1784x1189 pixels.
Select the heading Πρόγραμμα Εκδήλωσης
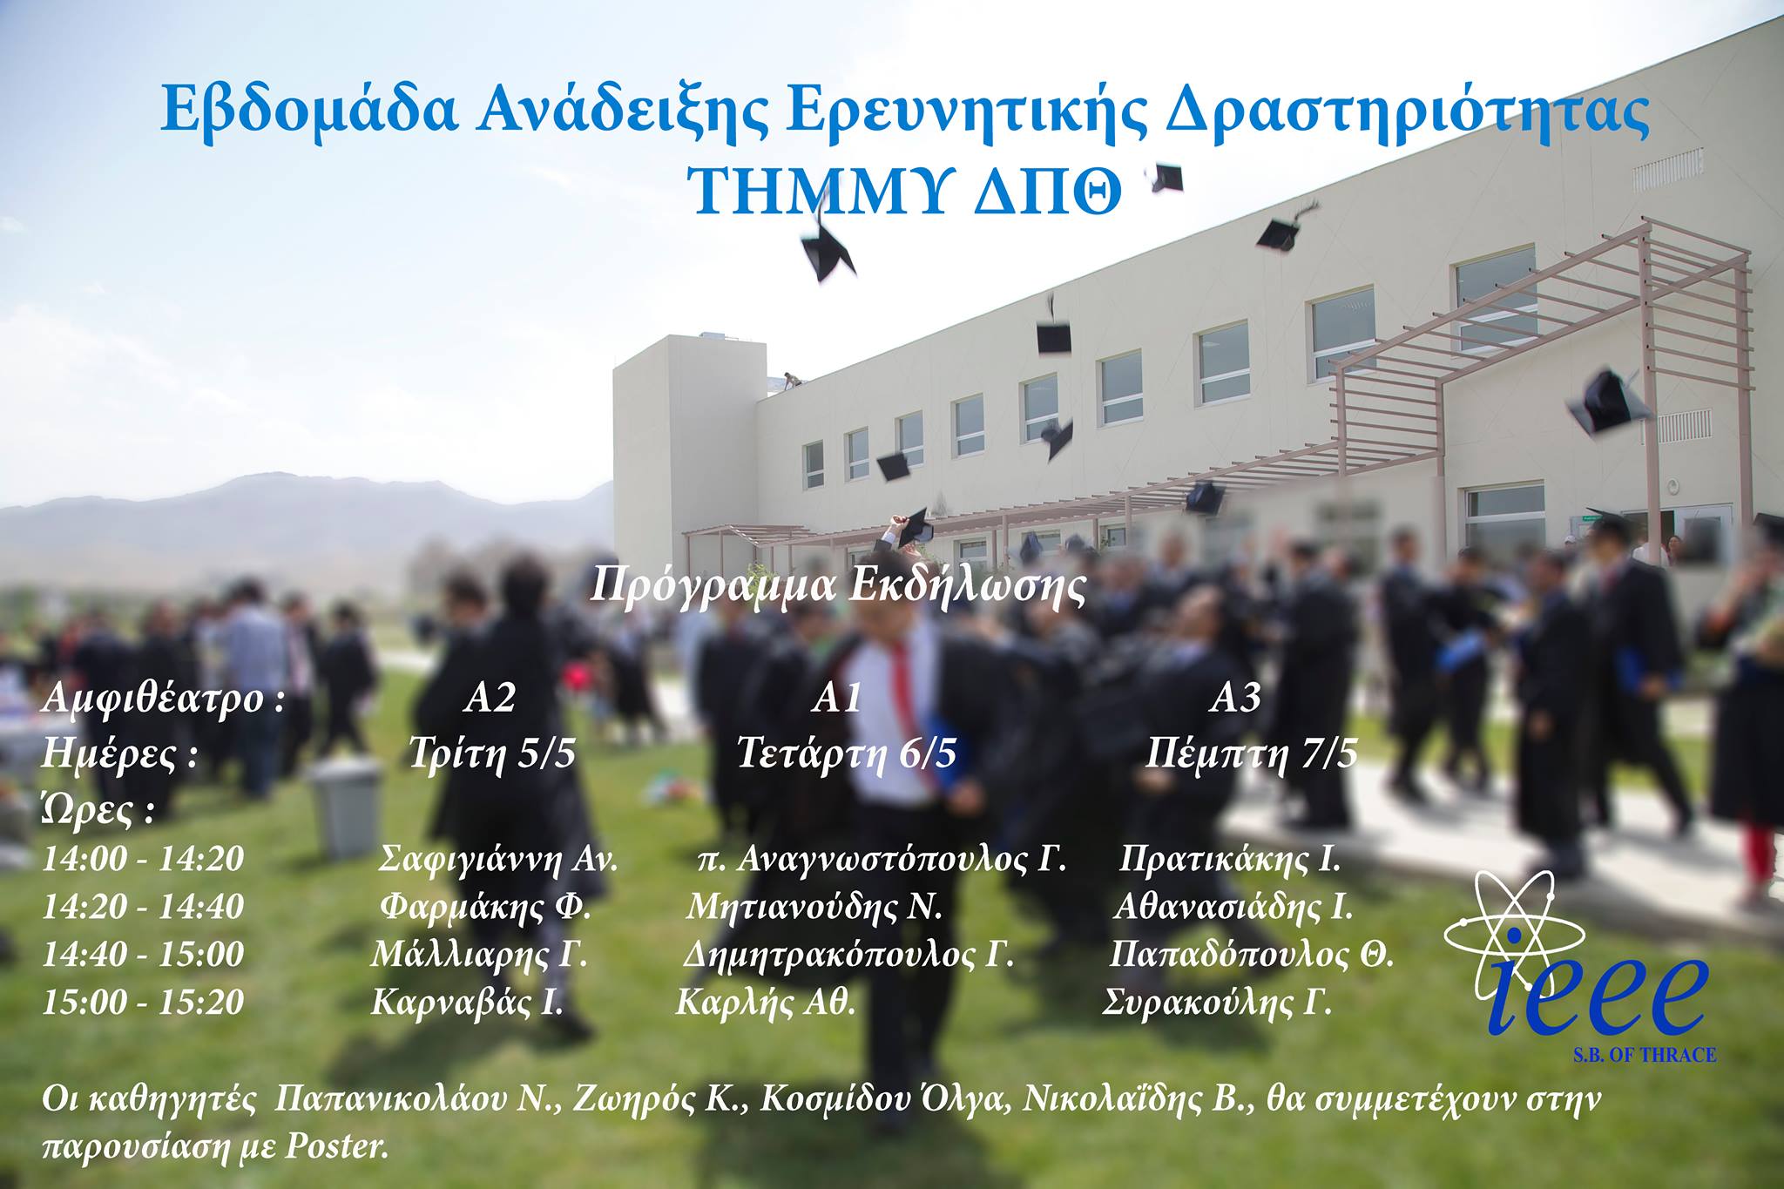(839, 586)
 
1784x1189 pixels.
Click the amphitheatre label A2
(490, 698)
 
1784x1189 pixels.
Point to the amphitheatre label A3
(1235, 698)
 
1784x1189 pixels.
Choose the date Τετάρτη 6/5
(847, 752)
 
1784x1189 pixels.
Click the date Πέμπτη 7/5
(1251, 752)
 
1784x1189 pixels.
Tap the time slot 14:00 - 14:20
(144, 859)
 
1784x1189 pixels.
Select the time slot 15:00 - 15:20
(144, 1002)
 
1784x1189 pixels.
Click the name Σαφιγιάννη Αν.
(498, 860)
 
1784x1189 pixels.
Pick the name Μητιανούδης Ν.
(814, 907)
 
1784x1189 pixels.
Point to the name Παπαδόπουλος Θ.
(1252, 955)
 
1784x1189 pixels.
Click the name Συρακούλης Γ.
(1217, 1003)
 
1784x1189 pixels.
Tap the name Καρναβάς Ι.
(467, 1003)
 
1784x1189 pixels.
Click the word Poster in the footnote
(335, 1147)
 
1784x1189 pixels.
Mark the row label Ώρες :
(98, 811)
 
